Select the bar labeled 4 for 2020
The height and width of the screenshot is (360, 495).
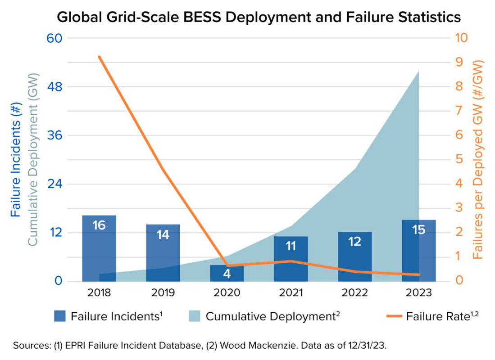[227, 273]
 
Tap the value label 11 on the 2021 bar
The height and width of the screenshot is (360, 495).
[291, 246]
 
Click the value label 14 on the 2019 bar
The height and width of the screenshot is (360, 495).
[163, 235]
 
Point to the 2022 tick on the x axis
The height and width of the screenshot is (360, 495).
[354, 292]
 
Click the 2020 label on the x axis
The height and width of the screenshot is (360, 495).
[227, 292]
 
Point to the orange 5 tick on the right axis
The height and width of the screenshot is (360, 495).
[459, 159]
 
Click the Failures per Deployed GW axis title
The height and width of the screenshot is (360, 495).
[478, 159]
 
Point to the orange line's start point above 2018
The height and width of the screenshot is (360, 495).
[99, 57]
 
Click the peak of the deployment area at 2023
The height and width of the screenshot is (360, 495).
[418, 72]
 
